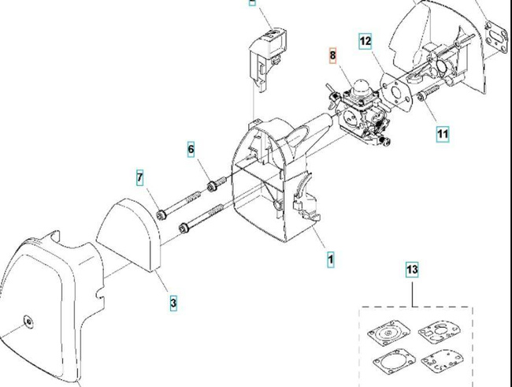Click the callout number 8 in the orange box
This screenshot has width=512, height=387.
tap(332, 55)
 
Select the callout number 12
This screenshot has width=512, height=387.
tap(365, 41)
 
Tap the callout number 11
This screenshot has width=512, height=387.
tap(442, 134)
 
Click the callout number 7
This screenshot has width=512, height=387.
tap(140, 178)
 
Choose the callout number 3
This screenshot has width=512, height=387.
tap(173, 301)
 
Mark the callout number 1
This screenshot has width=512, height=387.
tap(331, 258)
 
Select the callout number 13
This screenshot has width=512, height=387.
tap(412, 270)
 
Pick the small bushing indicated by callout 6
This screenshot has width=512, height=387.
tap(211, 187)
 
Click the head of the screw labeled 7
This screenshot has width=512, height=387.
tap(161, 214)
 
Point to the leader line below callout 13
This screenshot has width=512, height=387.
tap(413, 292)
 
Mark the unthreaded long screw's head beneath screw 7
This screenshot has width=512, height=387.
tap(184, 229)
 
